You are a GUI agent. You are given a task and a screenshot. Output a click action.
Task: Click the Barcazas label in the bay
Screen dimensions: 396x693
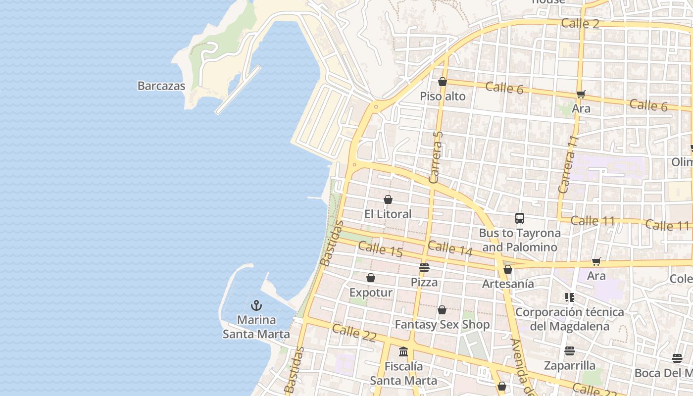[161, 86]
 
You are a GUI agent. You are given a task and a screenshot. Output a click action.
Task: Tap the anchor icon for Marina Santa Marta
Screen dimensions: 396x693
[256, 305]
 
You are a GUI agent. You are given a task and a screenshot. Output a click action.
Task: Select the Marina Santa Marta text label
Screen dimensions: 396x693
[256, 327]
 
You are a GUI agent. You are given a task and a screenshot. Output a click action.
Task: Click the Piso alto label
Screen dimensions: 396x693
[443, 96]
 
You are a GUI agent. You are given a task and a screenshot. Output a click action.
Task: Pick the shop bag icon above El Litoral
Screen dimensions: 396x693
[388, 199]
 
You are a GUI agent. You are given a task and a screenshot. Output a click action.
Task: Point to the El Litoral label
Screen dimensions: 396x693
[388, 214]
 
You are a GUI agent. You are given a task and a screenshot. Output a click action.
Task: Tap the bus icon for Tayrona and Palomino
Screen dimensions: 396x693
[520, 218]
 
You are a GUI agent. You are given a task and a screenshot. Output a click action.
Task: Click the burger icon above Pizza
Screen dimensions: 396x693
[424, 268]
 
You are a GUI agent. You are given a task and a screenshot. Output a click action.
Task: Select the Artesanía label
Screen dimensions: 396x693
[508, 284]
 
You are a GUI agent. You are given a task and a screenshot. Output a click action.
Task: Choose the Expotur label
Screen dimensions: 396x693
[371, 293]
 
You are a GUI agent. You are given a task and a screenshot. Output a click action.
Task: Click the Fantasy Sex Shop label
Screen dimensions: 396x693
[442, 325]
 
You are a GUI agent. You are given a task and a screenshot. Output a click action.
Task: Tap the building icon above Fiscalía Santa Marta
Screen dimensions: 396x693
[403, 352]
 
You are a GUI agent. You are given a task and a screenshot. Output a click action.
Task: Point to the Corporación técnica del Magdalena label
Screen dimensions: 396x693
[569, 319]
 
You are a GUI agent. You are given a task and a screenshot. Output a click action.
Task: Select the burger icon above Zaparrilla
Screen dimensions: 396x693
[570, 351]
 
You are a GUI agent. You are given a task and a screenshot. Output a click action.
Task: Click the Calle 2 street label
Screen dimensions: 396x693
[580, 23]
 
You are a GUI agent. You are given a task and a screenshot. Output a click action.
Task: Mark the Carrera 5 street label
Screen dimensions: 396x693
[436, 157]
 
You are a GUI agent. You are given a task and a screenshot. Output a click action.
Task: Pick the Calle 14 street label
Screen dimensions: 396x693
[450, 248]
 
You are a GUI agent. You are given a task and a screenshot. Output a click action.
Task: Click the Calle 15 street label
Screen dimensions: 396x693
[380, 249]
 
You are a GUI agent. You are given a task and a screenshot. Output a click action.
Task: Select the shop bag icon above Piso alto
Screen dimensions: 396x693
[443, 82]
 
